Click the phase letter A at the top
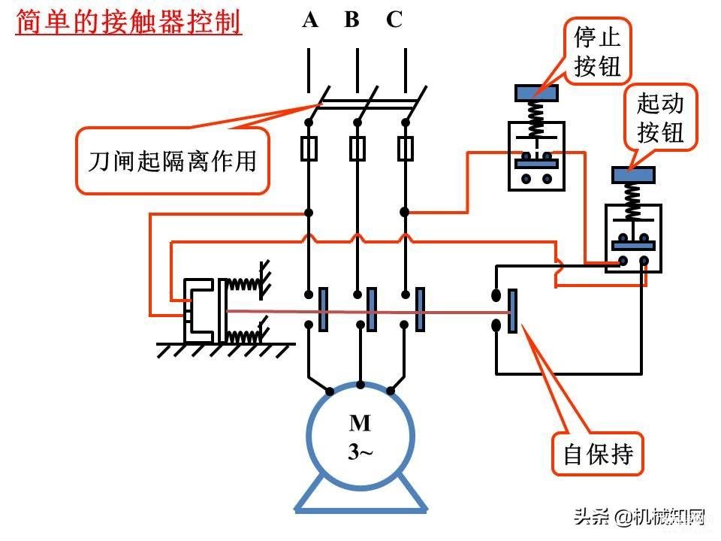310,20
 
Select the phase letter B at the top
351,20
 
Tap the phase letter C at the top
394,20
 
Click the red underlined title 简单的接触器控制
128,22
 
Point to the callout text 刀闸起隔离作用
172,161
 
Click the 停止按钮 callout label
597,52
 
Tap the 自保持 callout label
599,454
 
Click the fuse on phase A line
309,148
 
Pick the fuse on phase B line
357,148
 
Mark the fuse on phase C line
405,148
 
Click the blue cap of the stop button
536,93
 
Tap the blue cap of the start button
633,175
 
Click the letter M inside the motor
360,423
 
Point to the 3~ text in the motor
360,452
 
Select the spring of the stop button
536,119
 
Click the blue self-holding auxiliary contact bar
512,311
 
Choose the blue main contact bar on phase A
323,309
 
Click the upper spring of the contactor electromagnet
245,285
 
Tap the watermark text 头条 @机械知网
640,517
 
